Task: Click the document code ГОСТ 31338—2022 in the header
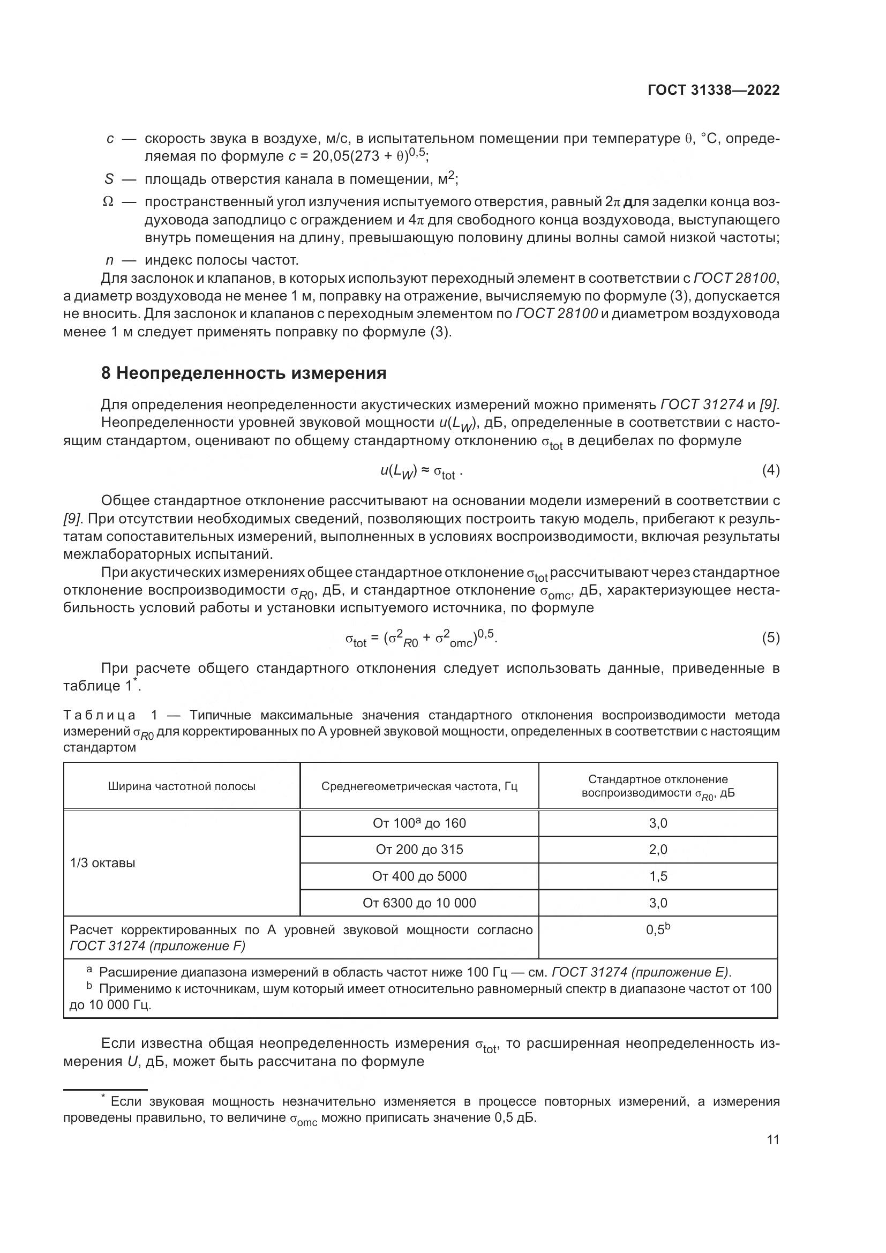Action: click(714, 91)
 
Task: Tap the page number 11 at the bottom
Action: click(772, 1140)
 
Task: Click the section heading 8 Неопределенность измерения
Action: click(244, 373)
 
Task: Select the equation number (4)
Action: click(770, 470)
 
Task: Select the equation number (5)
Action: click(770, 638)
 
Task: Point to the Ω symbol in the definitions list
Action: click(108, 202)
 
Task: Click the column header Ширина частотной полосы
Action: click(182, 786)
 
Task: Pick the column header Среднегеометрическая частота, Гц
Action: click(419, 786)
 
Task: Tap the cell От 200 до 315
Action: click(419, 850)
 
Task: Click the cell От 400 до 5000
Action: click(419, 876)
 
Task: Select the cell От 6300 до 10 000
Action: click(419, 903)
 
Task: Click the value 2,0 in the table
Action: click(658, 850)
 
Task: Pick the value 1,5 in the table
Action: click(658, 876)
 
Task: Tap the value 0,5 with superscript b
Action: click(658, 929)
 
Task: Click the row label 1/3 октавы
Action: click(102, 863)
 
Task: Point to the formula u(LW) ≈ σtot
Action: click(421, 471)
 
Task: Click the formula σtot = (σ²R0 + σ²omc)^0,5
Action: click(421, 639)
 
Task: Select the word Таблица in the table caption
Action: click(100, 716)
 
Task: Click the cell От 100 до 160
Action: click(419, 823)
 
